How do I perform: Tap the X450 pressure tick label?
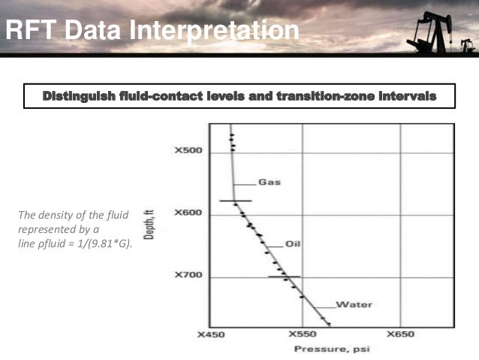pos(211,334)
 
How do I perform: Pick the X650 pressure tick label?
pos(400,334)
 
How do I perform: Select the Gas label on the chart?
pos(270,183)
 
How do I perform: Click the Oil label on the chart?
pos(294,244)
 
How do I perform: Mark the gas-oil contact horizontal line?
pos(235,201)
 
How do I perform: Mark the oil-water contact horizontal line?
pos(284,277)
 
